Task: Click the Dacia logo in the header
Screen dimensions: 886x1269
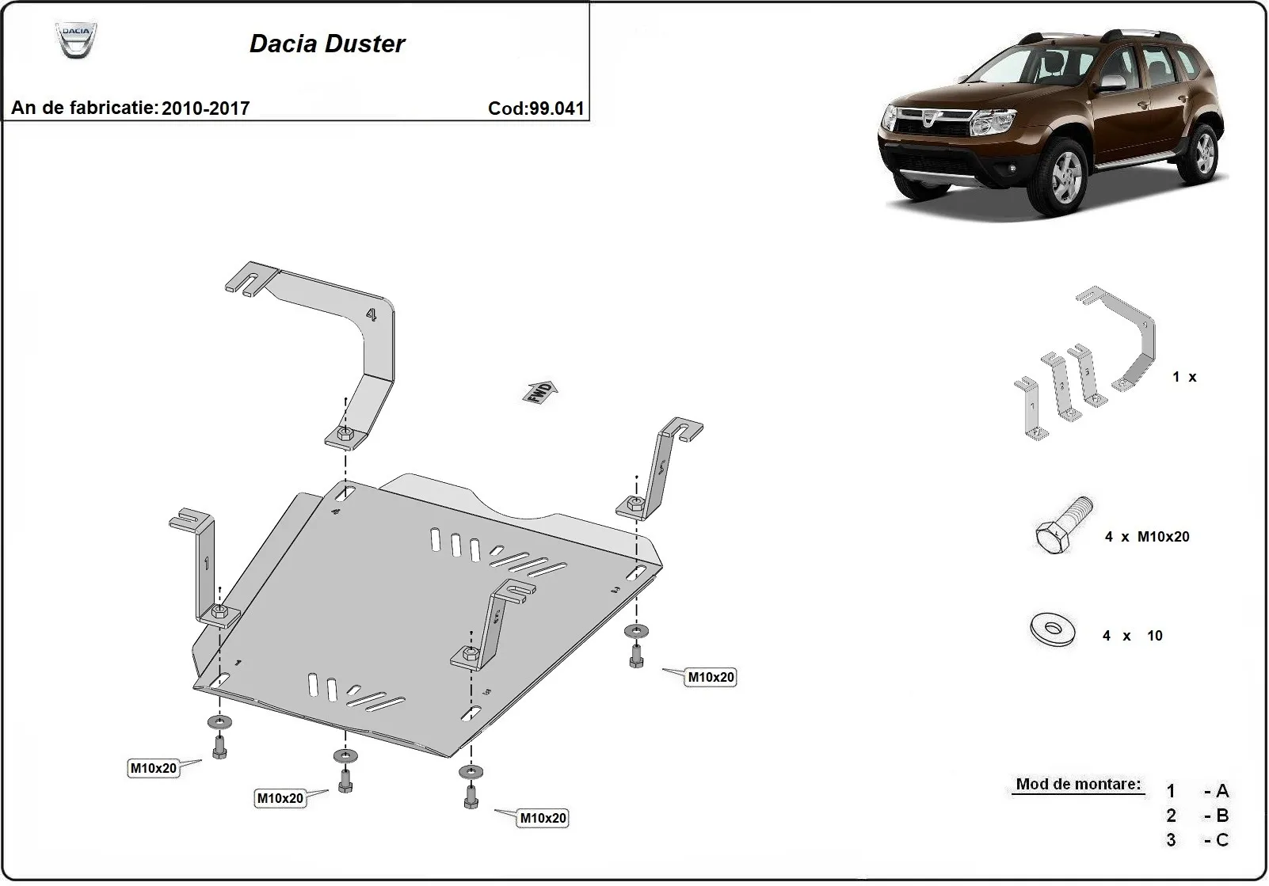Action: tap(76, 40)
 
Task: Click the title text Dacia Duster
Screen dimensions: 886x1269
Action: tap(327, 44)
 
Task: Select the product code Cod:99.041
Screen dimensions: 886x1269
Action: tap(535, 108)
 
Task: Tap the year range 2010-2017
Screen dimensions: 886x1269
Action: tap(205, 108)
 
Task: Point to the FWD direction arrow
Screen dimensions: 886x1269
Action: tap(540, 391)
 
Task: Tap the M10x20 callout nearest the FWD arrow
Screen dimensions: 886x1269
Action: tap(711, 677)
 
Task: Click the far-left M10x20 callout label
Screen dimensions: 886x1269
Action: tap(154, 767)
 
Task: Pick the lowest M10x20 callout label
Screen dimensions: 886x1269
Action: tap(543, 818)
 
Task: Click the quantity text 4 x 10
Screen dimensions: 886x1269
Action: tap(1132, 635)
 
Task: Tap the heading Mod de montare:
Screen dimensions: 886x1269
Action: tap(1078, 784)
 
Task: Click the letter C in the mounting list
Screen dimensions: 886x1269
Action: tap(1221, 839)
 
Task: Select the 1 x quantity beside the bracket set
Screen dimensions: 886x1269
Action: tap(1184, 377)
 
